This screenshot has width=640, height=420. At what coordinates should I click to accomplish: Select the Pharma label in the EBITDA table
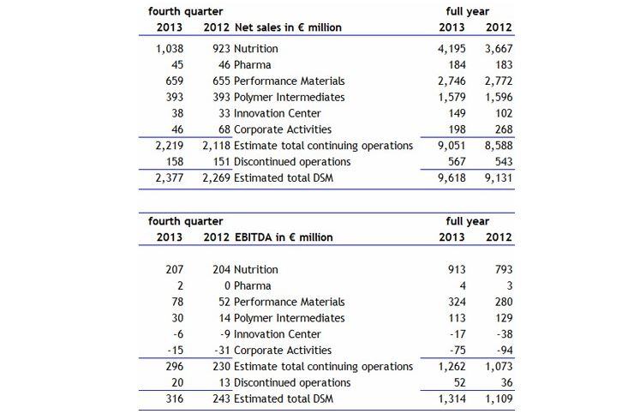tap(252, 285)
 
